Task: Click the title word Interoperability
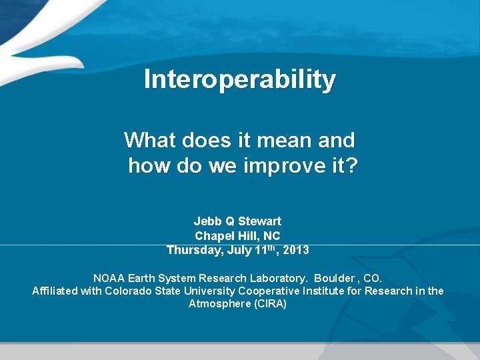(240, 79)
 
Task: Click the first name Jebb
(207, 221)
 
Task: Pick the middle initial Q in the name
(229, 221)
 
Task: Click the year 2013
(295, 251)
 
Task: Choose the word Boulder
(335, 277)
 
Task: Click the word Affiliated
(55, 291)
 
